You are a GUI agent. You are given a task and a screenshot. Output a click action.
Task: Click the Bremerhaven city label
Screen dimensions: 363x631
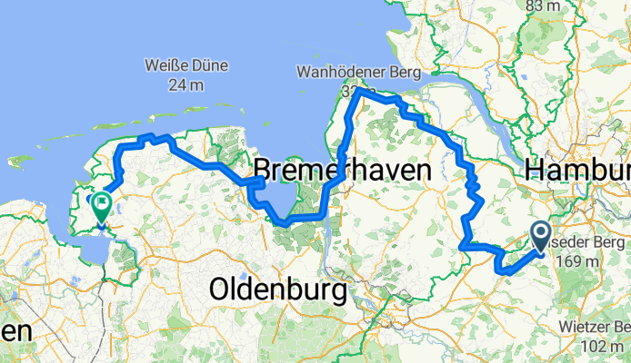tap(341, 170)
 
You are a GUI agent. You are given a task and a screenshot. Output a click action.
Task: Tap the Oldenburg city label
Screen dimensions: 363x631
tap(278, 290)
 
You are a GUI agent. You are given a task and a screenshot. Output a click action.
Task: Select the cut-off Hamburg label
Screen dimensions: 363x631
tap(577, 170)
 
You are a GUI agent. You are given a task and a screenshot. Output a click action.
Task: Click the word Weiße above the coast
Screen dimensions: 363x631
tap(166, 67)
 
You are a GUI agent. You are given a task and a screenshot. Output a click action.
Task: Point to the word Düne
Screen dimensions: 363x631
tap(208, 67)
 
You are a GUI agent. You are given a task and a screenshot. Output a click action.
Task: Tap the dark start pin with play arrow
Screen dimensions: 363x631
tap(539, 238)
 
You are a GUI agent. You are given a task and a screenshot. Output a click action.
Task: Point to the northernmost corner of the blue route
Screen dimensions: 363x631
tap(360, 90)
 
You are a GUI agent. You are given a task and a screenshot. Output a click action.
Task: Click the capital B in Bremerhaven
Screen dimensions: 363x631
tap(263, 170)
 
